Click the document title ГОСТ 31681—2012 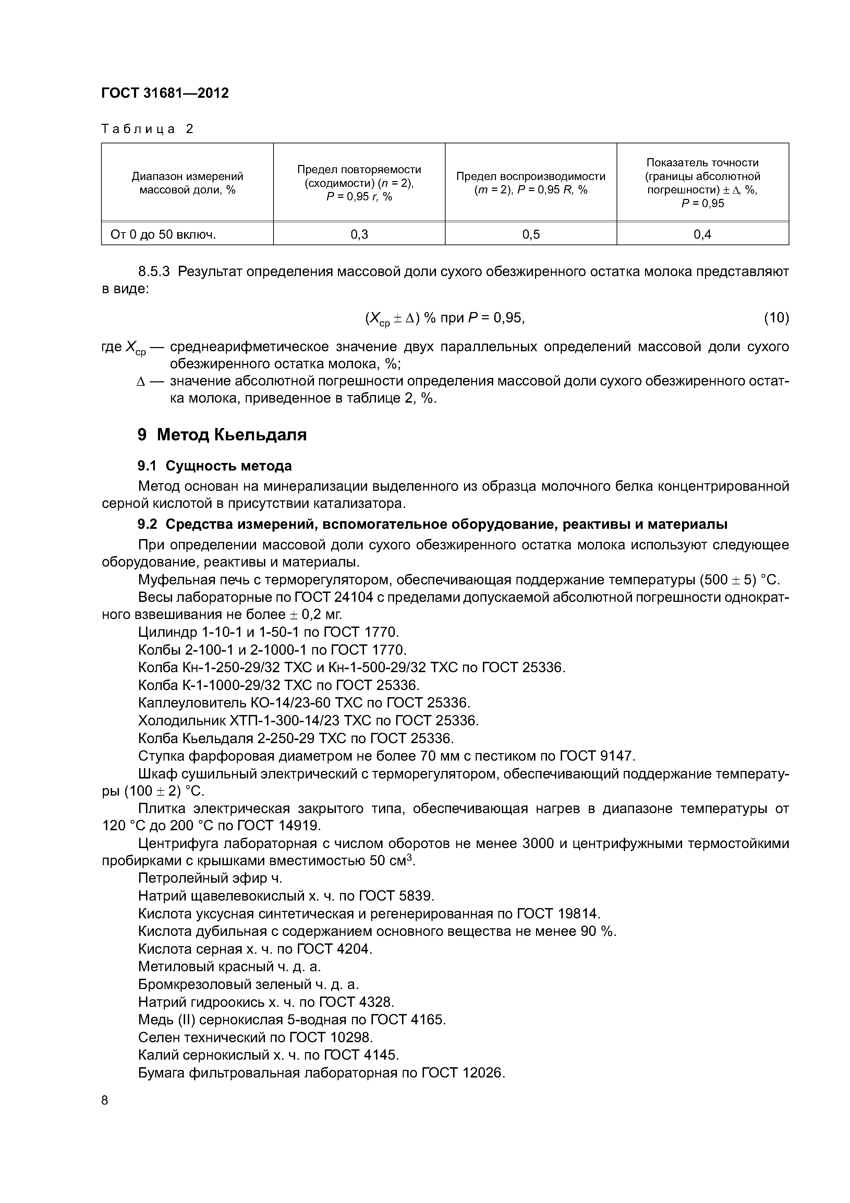click(x=165, y=93)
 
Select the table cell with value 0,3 click(x=359, y=234)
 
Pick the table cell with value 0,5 click(x=531, y=234)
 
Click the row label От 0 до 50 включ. click(x=163, y=234)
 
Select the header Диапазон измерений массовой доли click(x=187, y=183)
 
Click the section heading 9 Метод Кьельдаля click(x=222, y=434)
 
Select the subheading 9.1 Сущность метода click(x=215, y=466)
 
